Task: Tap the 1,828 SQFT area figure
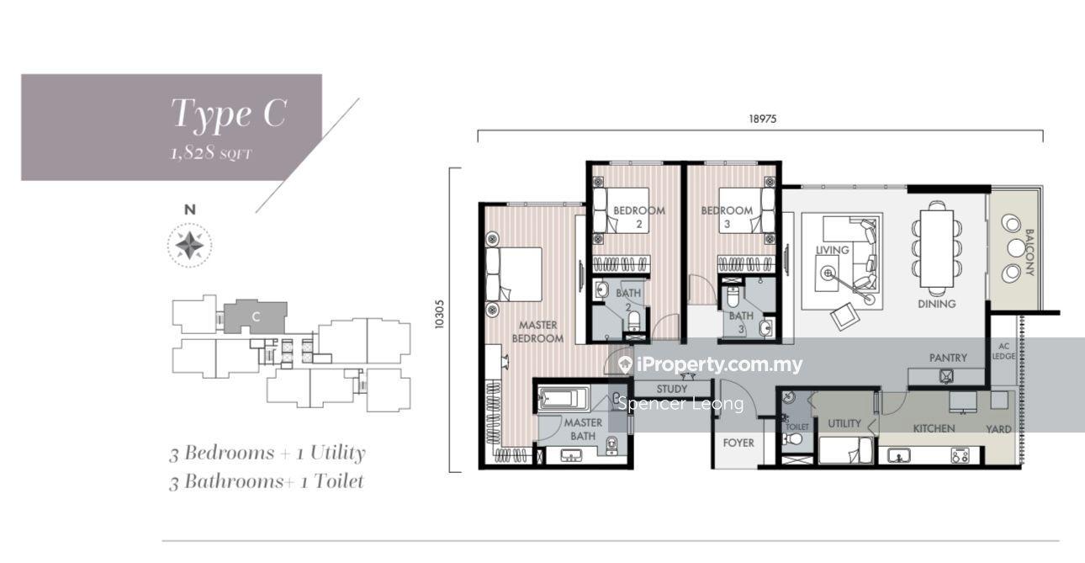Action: click(x=211, y=154)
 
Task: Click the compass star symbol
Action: click(x=189, y=245)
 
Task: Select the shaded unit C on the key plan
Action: click(x=255, y=316)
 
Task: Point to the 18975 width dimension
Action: click(x=762, y=120)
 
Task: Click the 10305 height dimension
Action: click(x=439, y=315)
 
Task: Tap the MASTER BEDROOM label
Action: click(x=537, y=332)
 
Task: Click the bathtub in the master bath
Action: click(x=564, y=399)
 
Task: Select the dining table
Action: click(x=937, y=248)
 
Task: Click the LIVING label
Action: click(x=832, y=250)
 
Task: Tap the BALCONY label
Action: click(x=1029, y=252)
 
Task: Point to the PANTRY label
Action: click(x=948, y=358)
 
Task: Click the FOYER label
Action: click(x=738, y=443)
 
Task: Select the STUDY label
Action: click(x=672, y=389)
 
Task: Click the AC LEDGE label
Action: click(x=1003, y=351)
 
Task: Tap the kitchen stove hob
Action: click(x=960, y=456)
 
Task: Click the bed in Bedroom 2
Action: click(x=621, y=210)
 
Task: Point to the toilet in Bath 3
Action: click(x=733, y=297)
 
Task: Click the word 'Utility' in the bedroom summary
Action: click(x=337, y=453)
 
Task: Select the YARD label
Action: click(x=998, y=429)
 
